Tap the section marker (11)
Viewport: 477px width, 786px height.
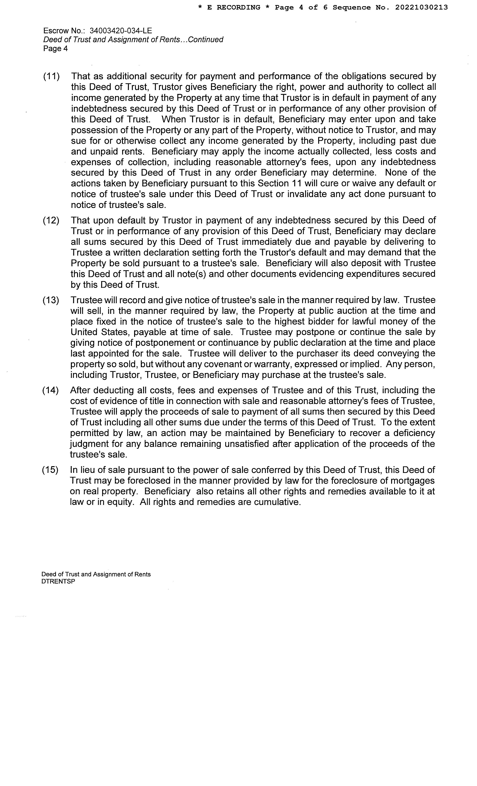coord(51,77)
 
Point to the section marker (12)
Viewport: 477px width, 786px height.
coord(51,220)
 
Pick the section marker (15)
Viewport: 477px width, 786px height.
coord(50,470)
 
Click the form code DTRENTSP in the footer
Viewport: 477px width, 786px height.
coord(58,581)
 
